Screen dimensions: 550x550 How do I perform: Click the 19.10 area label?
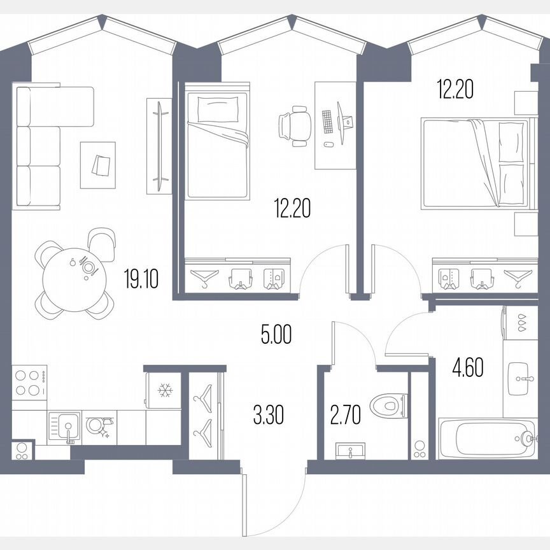coord(141,279)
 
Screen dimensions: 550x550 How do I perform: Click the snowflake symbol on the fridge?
coord(165,390)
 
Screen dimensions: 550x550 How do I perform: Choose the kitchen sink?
coord(64,426)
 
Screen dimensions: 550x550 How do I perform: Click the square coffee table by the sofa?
coord(97,165)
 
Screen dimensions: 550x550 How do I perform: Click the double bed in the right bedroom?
coord(474,163)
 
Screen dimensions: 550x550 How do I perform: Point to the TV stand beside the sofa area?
coord(159,145)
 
